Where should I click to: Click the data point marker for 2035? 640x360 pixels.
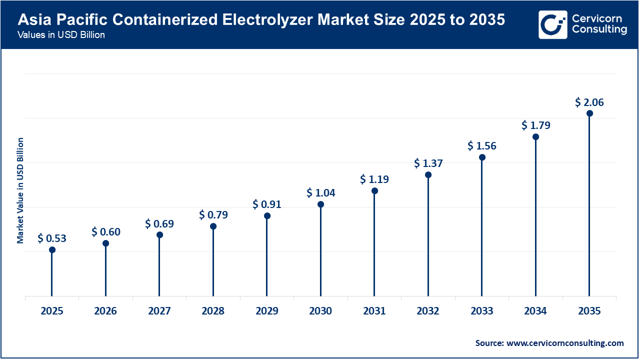[589, 113]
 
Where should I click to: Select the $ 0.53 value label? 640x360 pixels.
[52, 238]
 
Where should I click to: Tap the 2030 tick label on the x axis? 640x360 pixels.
[320, 311]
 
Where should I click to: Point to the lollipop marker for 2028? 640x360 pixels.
[213, 226]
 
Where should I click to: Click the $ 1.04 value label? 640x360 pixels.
[320, 192]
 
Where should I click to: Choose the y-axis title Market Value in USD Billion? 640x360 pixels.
[20, 190]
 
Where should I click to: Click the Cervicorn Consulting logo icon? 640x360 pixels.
[552, 24]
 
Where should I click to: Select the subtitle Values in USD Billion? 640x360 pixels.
[61, 35]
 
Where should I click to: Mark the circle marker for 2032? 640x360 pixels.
[428, 175]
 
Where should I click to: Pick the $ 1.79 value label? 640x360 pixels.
[535, 125]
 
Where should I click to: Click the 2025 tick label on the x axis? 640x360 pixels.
[52, 311]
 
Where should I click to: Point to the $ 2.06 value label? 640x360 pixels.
[589, 102]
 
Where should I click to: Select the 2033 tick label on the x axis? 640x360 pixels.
[481, 311]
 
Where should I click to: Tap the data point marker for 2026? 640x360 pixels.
[105, 243]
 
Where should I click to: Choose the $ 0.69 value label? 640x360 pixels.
[159, 223]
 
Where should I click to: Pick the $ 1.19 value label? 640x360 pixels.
[374, 179]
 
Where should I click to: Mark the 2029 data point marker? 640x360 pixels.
[267, 216]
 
